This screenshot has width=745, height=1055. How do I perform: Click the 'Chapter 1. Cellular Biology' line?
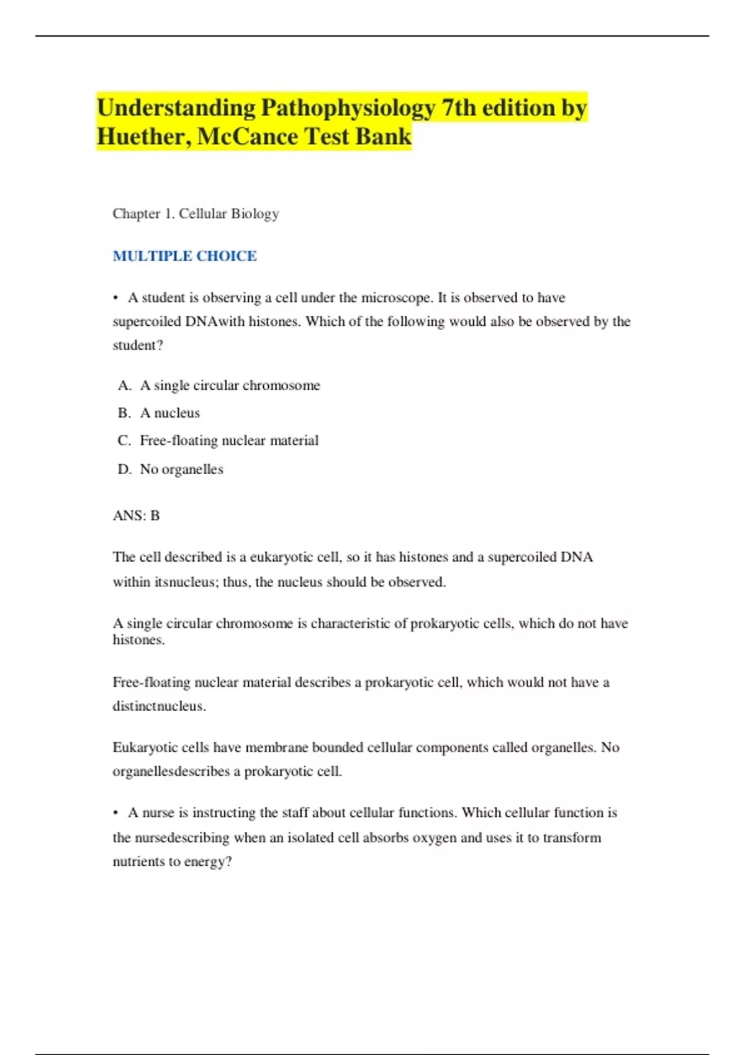(x=196, y=213)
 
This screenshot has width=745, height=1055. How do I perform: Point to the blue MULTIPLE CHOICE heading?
(x=184, y=256)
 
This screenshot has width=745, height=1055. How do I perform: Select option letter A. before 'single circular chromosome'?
(x=124, y=385)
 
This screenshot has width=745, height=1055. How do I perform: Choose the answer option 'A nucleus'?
(x=169, y=413)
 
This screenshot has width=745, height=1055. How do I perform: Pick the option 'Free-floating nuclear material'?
(x=228, y=441)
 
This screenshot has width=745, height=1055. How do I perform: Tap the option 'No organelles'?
(x=181, y=469)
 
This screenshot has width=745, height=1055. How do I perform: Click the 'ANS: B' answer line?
(x=136, y=516)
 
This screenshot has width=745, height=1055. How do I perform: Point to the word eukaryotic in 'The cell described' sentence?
(x=282, y=557)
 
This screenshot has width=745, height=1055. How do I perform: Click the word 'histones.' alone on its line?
(x=138, y=640)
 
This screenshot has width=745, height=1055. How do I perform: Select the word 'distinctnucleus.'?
(x=159, y=706)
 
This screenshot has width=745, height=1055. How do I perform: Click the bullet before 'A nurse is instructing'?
(x=116, y=813)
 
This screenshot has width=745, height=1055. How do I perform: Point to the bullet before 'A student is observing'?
(x=116, y=298)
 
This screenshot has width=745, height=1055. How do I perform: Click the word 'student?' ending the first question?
(x=138, y=345)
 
